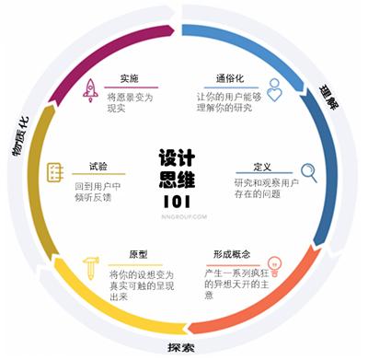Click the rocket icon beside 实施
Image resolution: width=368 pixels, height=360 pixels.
coord(91,89)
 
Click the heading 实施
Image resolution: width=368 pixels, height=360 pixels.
coord(130,78)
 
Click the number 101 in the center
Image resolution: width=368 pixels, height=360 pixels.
coord(178,202)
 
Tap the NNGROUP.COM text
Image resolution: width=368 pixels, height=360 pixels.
coord(178,218)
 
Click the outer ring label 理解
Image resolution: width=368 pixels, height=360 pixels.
coord(332,88)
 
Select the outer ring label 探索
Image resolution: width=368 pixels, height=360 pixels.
coord(181,349)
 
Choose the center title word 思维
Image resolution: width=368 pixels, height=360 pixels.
coord(178,179)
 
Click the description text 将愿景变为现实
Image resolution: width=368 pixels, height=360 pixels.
coord(130,100)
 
